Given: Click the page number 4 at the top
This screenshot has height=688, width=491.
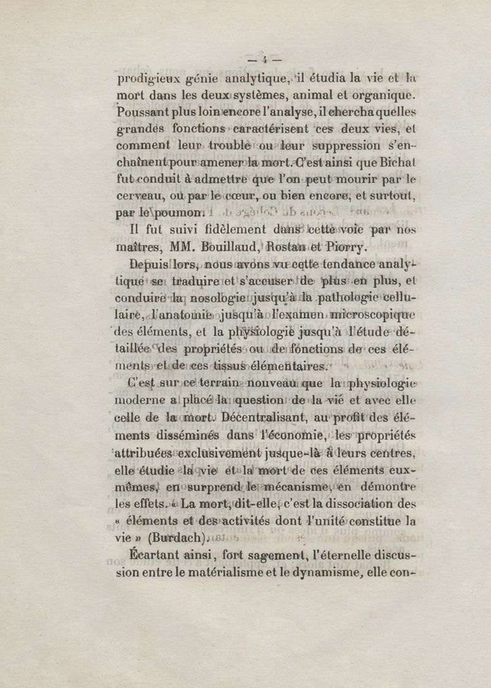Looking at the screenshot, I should coord(265,60).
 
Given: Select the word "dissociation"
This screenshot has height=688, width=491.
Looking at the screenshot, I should coord(365,505).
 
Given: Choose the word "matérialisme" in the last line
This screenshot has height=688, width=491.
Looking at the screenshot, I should coord(221,574).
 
